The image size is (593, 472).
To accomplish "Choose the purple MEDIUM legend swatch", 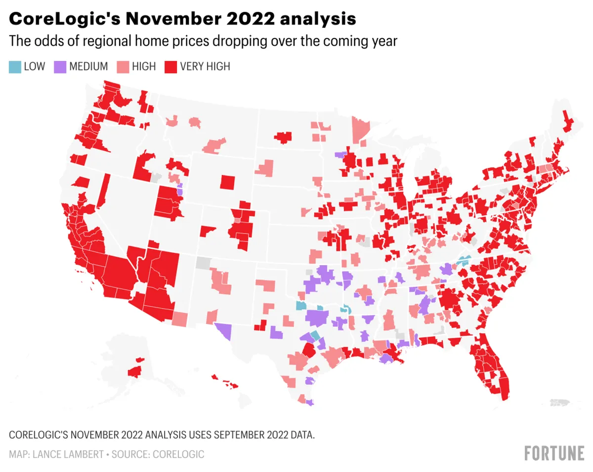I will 60,66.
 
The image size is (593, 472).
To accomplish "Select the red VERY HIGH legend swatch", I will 170,66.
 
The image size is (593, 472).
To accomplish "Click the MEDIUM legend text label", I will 88,66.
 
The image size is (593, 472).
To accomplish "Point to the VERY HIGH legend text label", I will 205,66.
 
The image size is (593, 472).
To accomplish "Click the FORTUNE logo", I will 553,453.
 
